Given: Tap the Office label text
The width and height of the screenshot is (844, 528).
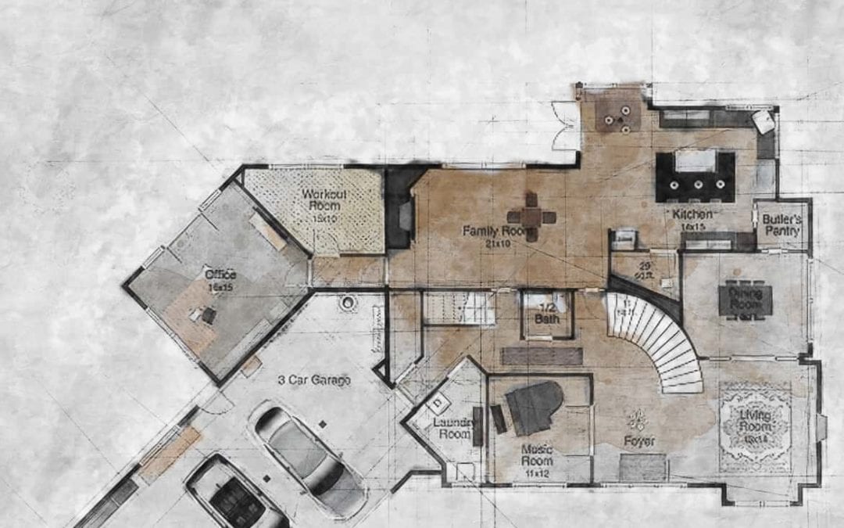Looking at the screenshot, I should click(x=220, y=279).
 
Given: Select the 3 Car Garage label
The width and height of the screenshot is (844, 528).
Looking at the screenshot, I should click(x=314, y=380).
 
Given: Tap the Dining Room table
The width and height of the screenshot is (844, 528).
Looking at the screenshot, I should click(x=745, y=300).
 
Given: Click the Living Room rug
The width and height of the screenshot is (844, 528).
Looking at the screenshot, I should click(x=754, y=426).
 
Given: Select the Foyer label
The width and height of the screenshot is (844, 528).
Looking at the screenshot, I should click(x=639, y=441).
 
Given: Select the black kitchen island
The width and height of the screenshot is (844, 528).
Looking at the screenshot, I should click(x=695, y=176).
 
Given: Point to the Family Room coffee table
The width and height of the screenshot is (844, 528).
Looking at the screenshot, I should click(x=531, y=217).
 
